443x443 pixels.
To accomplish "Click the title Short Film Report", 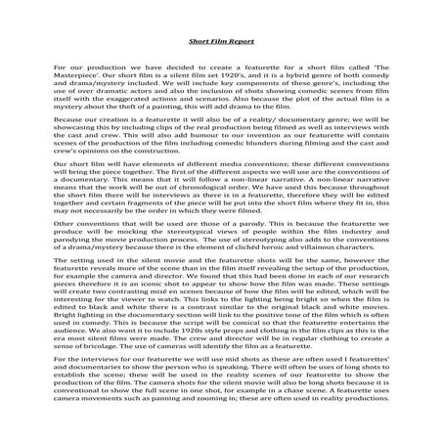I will [222, 42].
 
